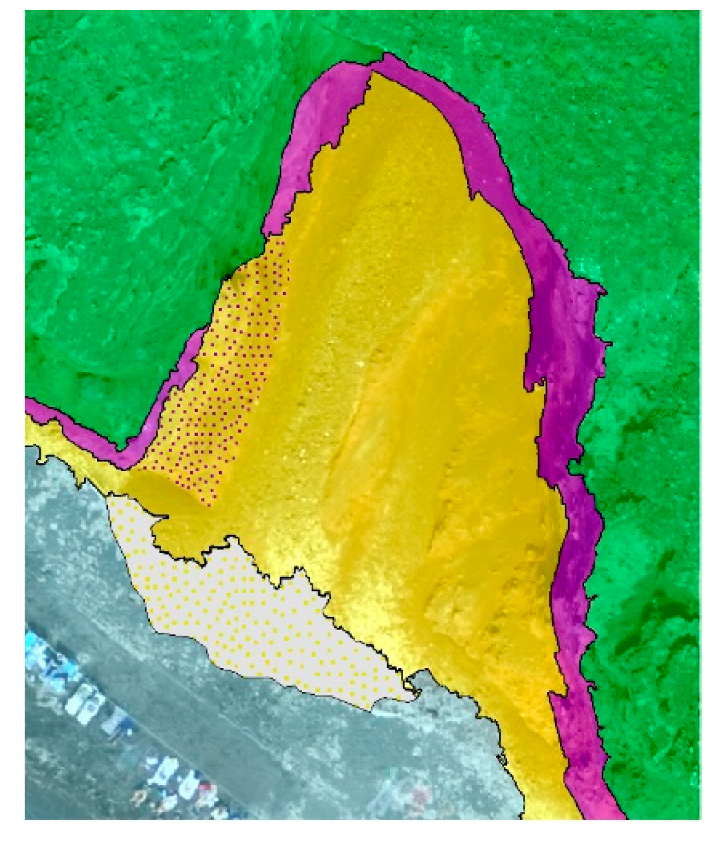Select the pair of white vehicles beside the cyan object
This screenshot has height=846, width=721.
[x=87, y=699]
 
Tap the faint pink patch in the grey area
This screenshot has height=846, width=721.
[x=420, y=796]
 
